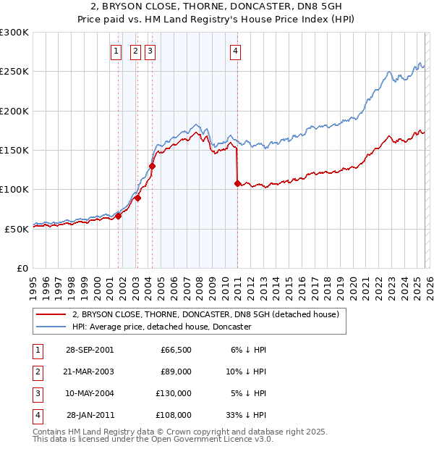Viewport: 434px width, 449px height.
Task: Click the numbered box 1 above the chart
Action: [x=116, y=51]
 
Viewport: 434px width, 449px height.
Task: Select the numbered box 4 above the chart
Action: [x=236, y=51]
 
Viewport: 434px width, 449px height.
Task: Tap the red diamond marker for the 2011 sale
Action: [x=237, y=183]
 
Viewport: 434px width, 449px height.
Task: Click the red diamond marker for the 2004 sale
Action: [x=152, y=166]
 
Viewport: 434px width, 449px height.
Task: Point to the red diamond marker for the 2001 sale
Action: [x=119, y=216]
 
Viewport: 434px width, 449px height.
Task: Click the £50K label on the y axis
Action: [x=17, y=229]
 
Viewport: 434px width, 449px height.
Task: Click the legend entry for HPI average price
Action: [x=161, y=327]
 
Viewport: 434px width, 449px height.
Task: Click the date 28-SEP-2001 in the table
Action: [x=90, y=350]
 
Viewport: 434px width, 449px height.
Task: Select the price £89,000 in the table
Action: [x=175, y=372]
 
